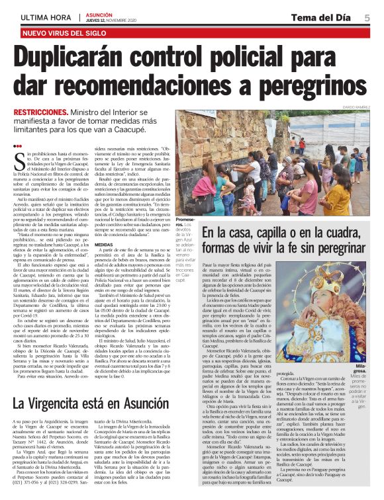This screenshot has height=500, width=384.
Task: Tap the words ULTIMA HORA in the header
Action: (x=45, y=17)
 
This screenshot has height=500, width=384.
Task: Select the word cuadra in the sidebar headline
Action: (x=348, y=232)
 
